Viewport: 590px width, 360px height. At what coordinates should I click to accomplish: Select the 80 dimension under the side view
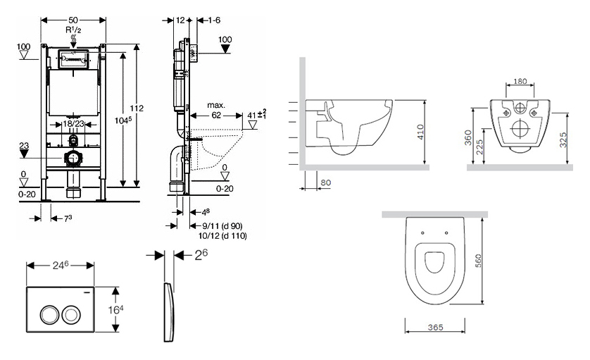tap(325, 182)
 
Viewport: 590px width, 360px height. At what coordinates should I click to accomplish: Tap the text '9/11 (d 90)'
tap(218, 225)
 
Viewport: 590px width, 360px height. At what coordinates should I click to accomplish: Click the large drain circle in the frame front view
tap(72, 159)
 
